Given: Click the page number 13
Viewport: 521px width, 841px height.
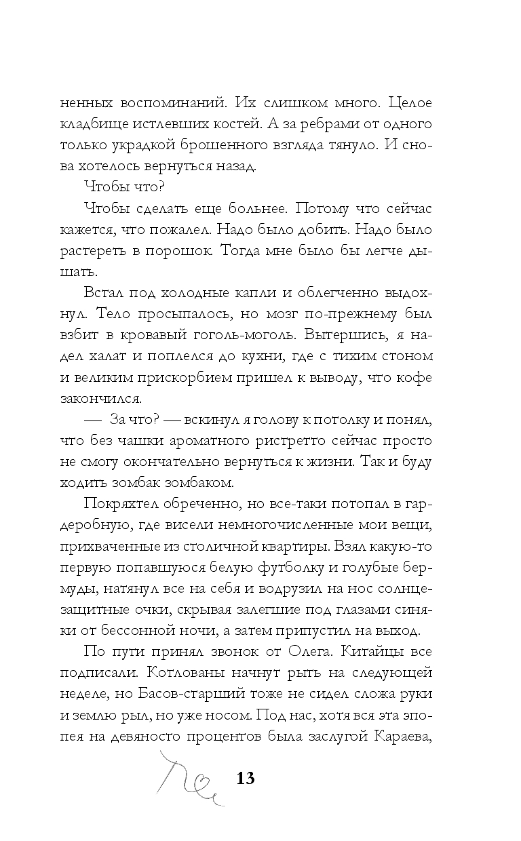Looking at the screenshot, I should point(245,777).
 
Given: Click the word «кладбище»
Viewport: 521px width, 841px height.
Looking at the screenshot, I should point(97,125).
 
